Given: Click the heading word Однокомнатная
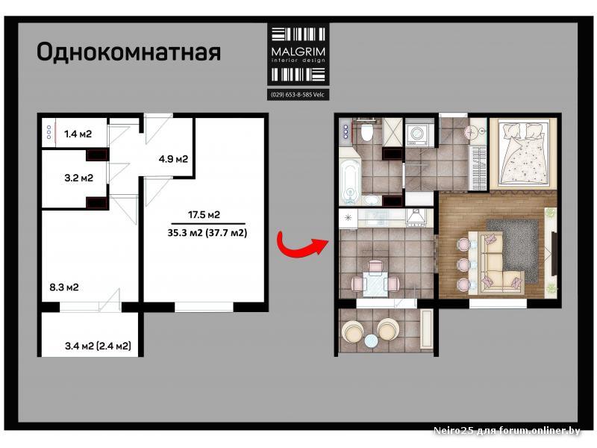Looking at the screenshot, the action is click(128, 52).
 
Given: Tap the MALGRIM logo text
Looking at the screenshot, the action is click(298, 52).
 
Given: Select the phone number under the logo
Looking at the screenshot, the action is click(298, 95).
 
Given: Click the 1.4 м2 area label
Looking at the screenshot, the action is click(78, 134).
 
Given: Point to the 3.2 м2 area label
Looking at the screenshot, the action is click(79, 178).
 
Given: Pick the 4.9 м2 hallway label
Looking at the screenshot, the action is click(173, 159).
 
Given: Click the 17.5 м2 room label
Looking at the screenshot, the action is click(204, 215).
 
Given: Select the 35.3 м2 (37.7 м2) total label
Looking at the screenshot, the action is click(207, 233).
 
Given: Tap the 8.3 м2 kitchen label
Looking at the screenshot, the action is click(64, 287).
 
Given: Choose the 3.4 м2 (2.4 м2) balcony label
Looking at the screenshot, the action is click(98, 346).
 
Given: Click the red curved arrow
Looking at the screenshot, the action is click(301, 245).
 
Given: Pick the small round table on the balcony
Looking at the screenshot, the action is click(371, 340).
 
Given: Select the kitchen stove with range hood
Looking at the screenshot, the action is click(418, 218).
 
